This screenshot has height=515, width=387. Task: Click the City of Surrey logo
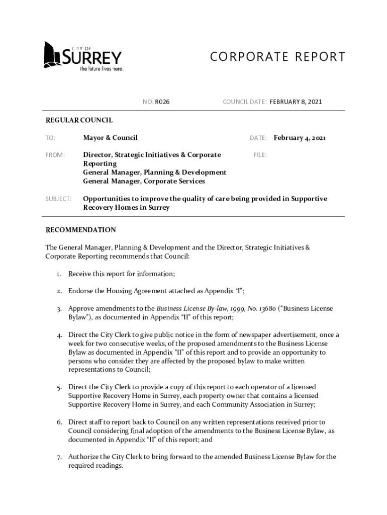[x=82, y=56]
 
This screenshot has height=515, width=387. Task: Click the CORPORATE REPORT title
[x=277, y=57]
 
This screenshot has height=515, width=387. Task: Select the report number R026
[x=162, y=102]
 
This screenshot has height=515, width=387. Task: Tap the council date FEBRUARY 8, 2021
[x=296, y=102]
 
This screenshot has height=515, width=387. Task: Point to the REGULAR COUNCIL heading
[x=79, y=120]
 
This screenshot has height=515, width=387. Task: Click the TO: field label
[x=50, y=138]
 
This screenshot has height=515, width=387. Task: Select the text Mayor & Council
[x=110, y=138]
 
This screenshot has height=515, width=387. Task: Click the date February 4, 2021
[x=300, y=138]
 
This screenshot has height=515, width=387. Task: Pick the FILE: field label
[x=259, y=155]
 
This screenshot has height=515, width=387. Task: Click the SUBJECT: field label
[x=58, y=199]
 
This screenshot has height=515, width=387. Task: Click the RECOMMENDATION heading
[x=80, y=230]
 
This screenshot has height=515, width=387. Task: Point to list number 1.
[x=59, y=274]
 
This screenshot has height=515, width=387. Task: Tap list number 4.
[x=59, y=335]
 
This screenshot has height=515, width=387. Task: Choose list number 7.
[x=59, y=457]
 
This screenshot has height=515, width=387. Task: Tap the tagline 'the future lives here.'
[x=102, y=69]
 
